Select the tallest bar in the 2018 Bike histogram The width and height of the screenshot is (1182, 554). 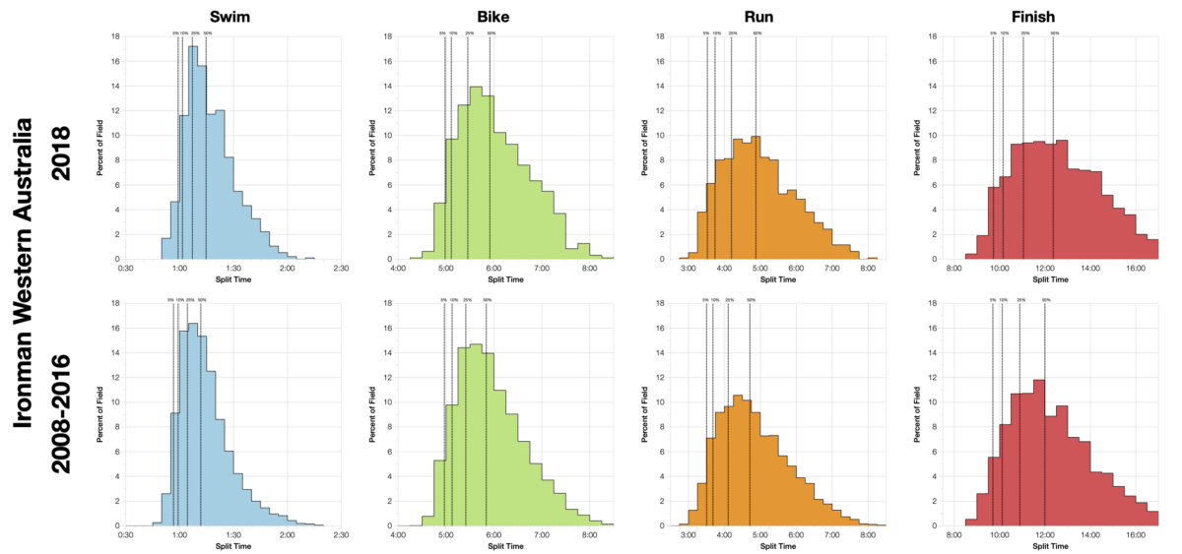click(x=476, y=172)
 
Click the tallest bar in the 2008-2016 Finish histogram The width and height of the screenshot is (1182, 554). click(x=1038, y=453)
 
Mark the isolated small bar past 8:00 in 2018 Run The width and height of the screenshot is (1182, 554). click(x=872, y=258)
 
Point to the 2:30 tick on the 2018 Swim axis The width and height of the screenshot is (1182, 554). click(x=341, y=268)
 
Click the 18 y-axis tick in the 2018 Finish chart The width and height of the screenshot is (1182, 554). click(x=932, y=37)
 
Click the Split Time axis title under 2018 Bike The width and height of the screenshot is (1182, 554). click(x=505, y=278)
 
